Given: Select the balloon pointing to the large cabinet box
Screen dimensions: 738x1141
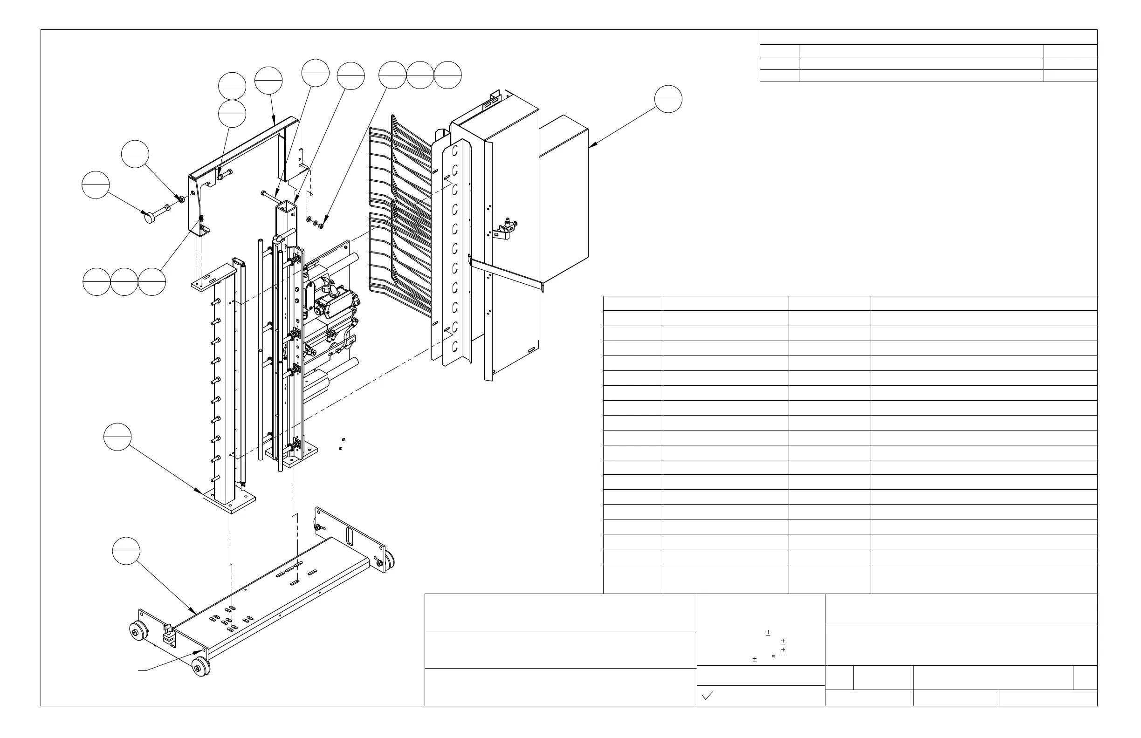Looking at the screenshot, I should coord(668,99).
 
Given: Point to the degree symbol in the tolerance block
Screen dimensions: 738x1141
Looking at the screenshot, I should coord(773,656).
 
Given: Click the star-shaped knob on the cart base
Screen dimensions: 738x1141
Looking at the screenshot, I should coord(168,629).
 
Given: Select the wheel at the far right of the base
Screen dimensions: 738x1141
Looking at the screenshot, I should coord(388,561).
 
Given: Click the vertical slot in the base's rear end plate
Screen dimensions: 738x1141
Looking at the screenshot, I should coord(350,536).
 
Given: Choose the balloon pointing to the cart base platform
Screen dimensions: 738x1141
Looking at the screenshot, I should coord(126,552).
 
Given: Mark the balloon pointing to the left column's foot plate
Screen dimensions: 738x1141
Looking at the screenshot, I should coord(117,437).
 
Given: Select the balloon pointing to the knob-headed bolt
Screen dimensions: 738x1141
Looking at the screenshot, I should coord(96,184).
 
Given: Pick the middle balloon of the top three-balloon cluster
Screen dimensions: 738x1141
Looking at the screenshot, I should coord(420,75).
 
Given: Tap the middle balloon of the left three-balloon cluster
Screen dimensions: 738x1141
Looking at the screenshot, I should coord(124,282).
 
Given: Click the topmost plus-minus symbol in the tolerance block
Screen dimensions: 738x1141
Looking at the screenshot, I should coord(768,633).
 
